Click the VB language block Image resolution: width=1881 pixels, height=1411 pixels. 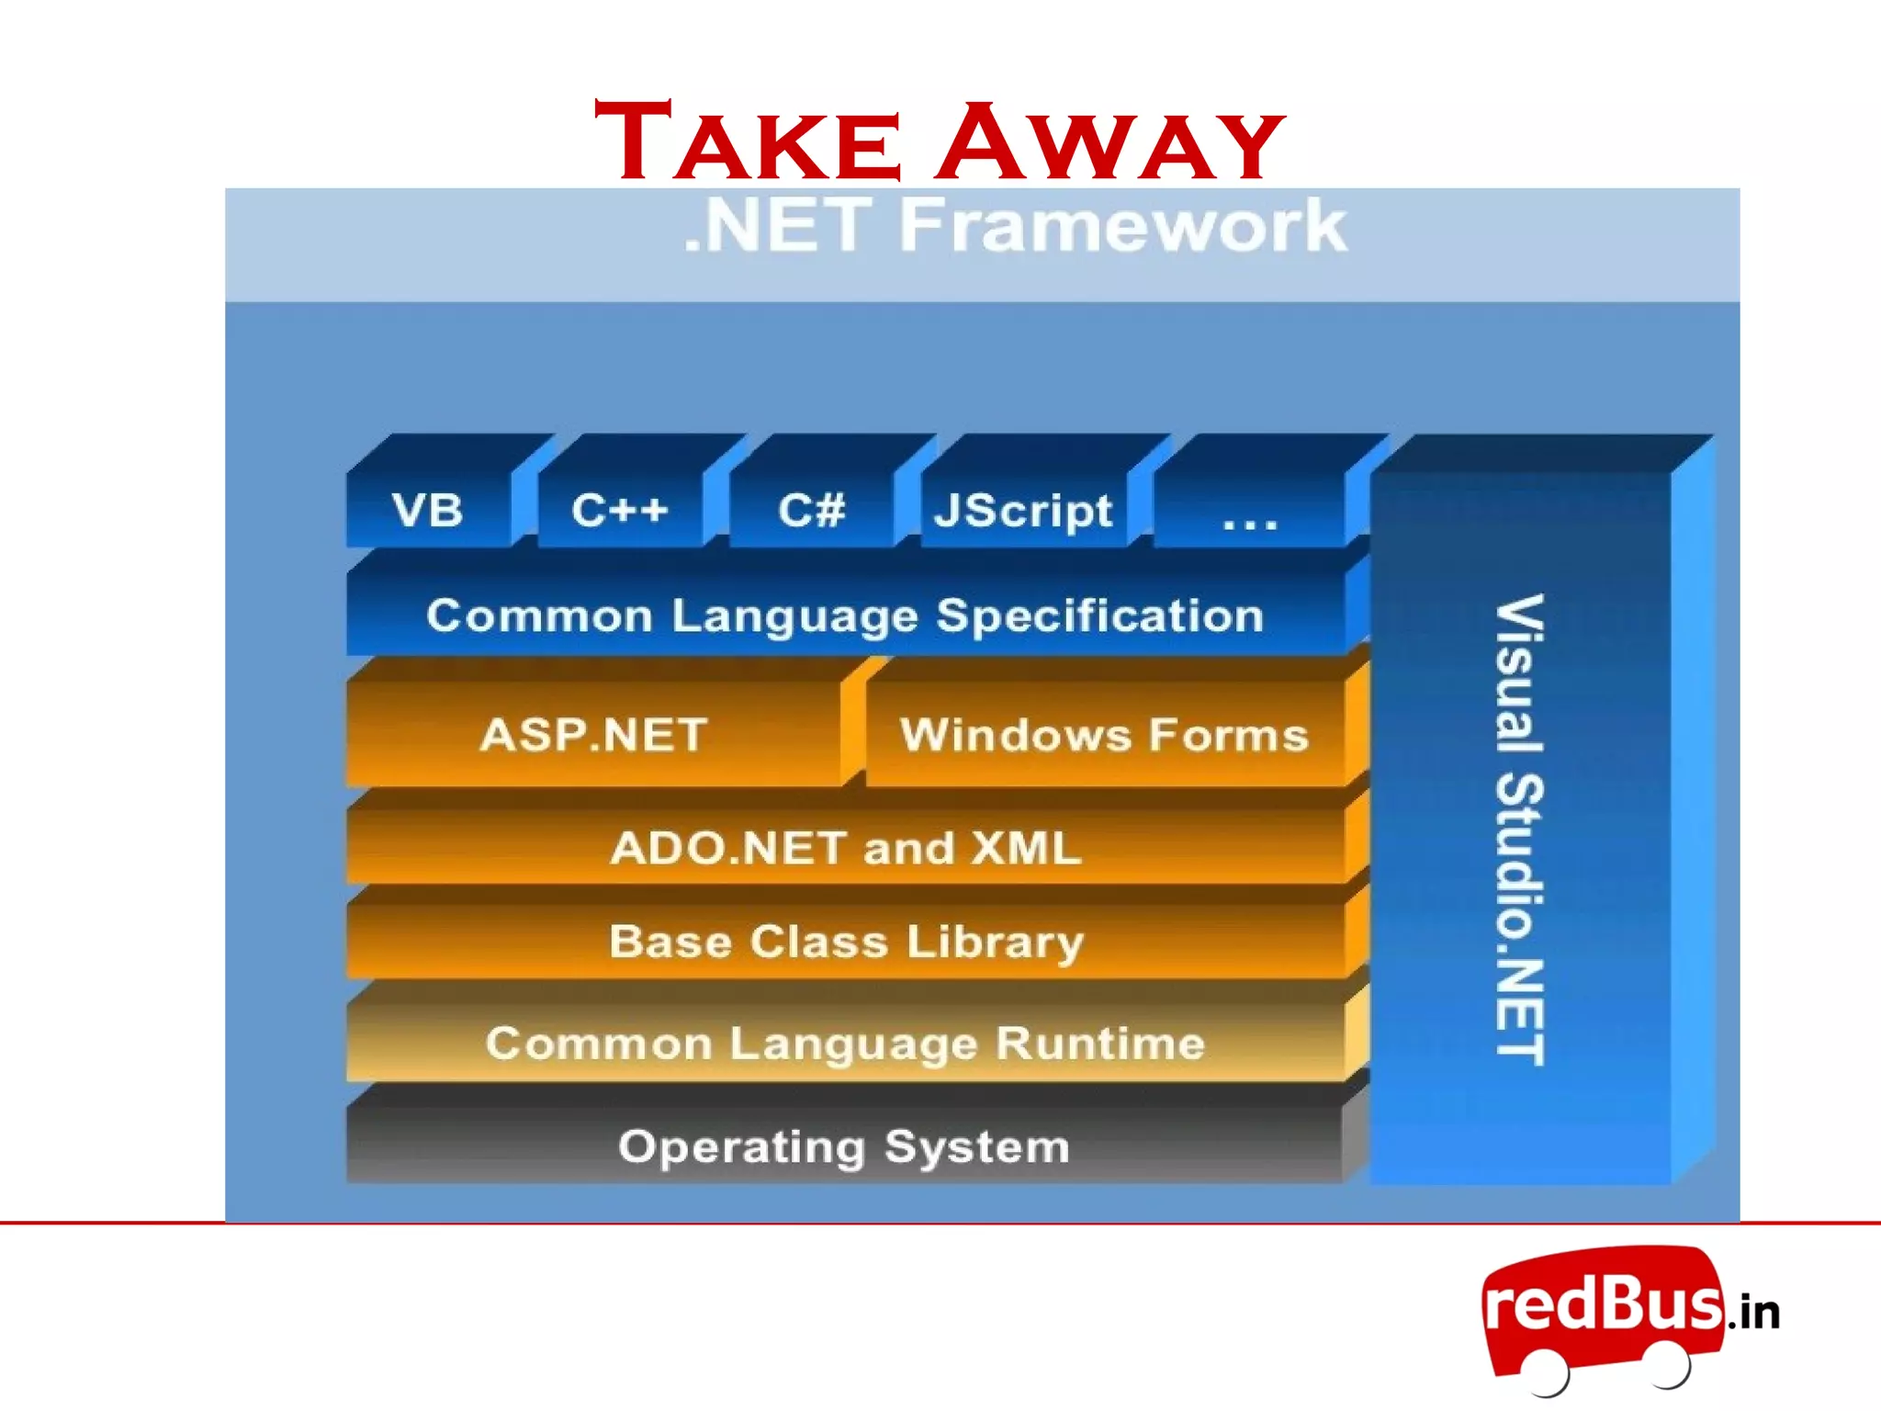click(x=428, y=510)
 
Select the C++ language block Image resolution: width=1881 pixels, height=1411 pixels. click(x=620, y=510)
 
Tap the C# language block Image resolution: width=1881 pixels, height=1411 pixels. click(x=811, y=510)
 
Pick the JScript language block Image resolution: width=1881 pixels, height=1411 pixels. click(x=1023, y=510)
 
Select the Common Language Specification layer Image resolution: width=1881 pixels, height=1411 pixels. click(x=845, y=615)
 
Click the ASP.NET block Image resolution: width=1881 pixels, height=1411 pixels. click(x=593, y=735)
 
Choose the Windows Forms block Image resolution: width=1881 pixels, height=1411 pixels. click(x=1104, y=735)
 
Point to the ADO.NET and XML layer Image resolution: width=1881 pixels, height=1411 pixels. click(x=845, y=847)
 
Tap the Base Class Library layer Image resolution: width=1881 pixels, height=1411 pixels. click(x=845, y=942)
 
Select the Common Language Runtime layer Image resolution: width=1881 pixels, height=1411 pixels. click(x=845, y=1043)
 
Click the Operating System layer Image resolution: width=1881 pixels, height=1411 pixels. click(x=843, y=1146)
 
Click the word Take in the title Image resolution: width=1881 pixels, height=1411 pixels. click(x=748, y=143)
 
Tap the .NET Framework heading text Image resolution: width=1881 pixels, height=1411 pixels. click(x=1014, y=225)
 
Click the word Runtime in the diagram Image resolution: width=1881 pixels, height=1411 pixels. click(x=1100, y=1043)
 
